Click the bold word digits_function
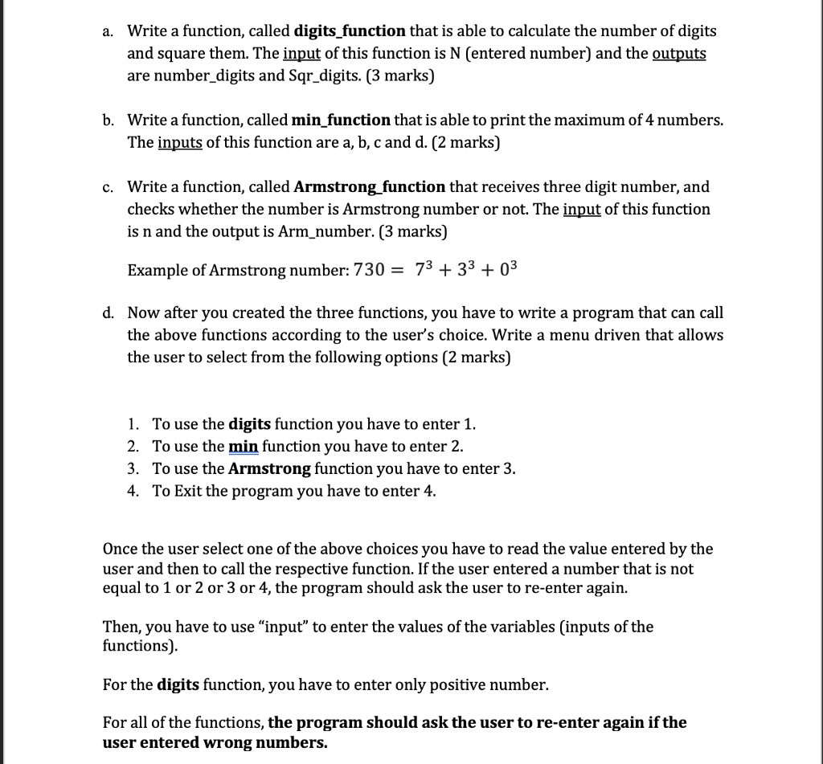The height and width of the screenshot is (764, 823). (350, 32)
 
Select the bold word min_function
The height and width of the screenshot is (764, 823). (342, 121)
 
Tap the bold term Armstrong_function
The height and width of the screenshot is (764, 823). (370, 187)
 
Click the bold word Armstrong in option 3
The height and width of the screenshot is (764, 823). (269, 468)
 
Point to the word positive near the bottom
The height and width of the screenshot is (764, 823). (437, 685)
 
